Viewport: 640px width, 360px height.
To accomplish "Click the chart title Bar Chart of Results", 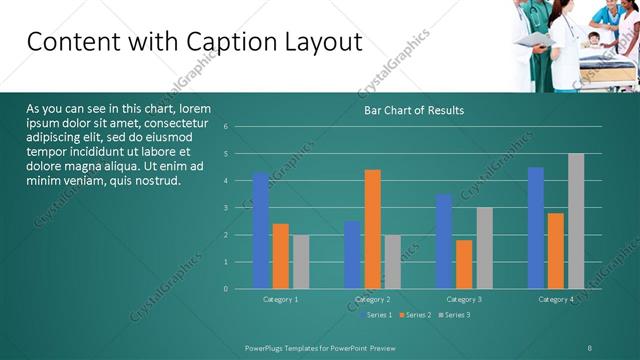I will coord(412,110).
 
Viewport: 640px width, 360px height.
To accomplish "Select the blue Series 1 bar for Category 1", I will coord(261,230).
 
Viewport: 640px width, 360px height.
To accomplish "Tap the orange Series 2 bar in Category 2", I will coord(372,229).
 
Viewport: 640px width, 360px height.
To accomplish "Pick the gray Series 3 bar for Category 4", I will coord(576,221).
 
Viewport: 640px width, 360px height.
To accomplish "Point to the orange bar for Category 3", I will coord(464,264).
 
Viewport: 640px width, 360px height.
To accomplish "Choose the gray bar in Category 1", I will coord(301,261).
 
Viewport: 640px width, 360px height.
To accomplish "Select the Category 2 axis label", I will coord(372,299).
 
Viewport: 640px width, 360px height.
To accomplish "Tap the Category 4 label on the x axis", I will coord(556,299).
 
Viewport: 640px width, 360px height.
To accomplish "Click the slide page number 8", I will coord(590,346).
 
